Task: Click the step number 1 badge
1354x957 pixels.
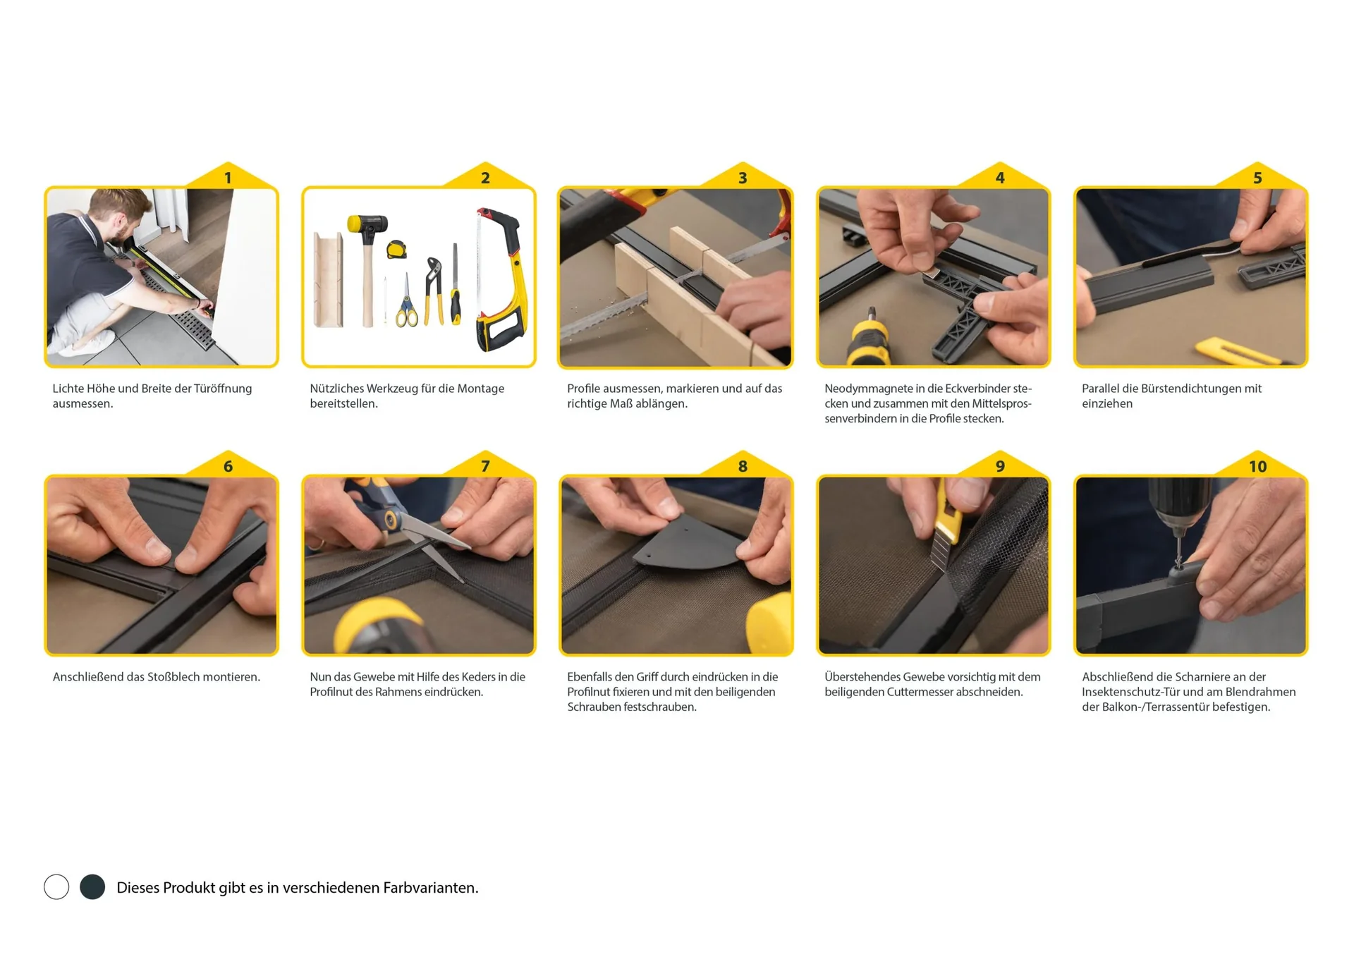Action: point(228,178)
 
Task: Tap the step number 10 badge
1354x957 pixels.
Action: point(1257,466)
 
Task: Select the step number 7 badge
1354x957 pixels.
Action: point(485,466)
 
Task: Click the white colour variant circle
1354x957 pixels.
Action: point(56,886)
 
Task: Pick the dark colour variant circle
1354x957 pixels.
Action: point(92,886)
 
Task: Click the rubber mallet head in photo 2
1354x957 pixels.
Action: point(367,226)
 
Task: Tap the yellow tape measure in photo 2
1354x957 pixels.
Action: point(397,249)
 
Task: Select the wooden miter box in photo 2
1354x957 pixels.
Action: point(328,279)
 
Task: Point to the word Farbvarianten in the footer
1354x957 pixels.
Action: point(429,887)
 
